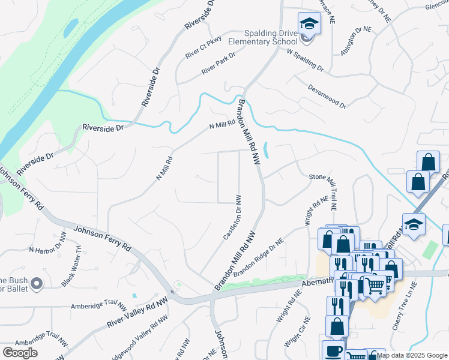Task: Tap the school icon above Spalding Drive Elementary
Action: click(x=309, y=24)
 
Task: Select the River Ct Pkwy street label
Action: click(x=203, y=47)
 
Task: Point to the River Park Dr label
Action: click(x=218, y=62)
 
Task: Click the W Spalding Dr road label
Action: click(x=305, y=61)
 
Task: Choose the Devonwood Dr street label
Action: click(x=327, y=96)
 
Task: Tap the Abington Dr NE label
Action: click(x=356, y=41)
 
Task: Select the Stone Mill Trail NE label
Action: click(x=325, y=191)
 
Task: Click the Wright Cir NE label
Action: click(x=297, y=332)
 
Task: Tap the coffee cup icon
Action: click(x=334, y=351)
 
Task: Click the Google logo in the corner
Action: click(x=20, y=353)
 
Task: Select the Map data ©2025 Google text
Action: click(x=412, y=355)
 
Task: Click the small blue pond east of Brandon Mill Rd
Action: click(x=266, y=150)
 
